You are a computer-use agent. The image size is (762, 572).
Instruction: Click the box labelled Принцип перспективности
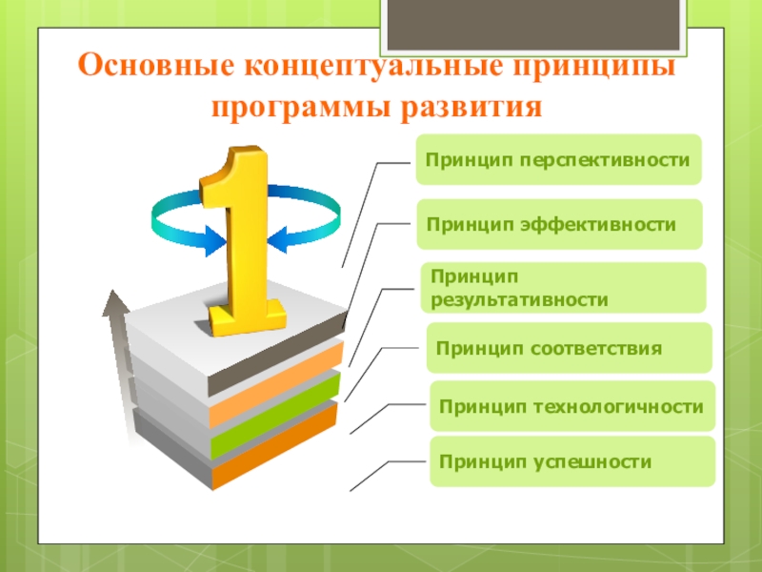[558, 159]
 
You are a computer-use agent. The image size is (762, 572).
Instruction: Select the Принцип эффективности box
[559, 224]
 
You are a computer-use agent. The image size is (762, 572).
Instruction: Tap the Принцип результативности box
[563, 288]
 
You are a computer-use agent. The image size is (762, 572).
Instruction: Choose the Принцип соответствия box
[569, 348]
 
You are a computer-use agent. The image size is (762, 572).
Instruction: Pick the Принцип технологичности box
[572, 406]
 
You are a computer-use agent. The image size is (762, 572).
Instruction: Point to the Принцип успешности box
[572, 461]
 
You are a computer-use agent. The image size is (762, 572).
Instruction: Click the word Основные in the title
[155, 65]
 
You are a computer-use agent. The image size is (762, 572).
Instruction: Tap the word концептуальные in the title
[373, 66]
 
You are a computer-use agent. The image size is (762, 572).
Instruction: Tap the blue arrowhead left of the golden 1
[215, 241]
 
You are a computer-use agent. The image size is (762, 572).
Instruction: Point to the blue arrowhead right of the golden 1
[277, 239]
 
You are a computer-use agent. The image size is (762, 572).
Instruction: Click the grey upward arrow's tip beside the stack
[113, 291]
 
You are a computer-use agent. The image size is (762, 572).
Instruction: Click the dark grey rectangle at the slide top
[533, 25]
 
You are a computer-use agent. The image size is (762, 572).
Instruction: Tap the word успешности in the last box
[592, 462]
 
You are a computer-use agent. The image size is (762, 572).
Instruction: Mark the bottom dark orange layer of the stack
[274, 446]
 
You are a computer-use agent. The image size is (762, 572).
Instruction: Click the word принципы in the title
[594, 66]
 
